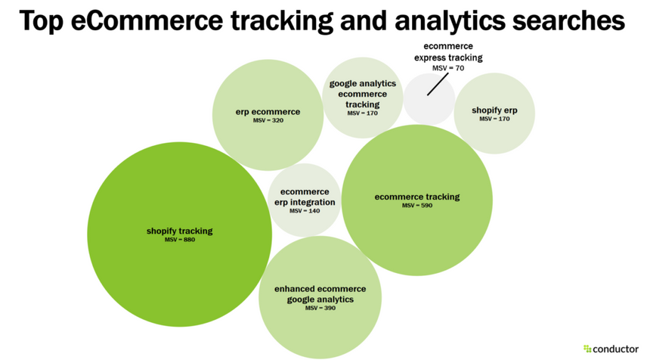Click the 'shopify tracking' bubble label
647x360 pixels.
tap(179, 231)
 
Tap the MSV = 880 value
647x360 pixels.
tap(179, 241)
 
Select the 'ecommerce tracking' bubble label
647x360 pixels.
tap(416, 197)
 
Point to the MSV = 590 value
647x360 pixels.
tap(416, 206)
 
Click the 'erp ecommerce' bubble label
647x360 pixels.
tap(268, 112)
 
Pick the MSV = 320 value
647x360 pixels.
tap(268, 121)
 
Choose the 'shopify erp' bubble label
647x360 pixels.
tap(494, 110)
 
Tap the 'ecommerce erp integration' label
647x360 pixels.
tap(305, 197)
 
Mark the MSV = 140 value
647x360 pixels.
tap(305, 211)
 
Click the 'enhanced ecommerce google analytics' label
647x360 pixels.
tap(320, 294)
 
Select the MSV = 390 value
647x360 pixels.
tap(320, 309)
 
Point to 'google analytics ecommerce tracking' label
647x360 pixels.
tap(362, 94)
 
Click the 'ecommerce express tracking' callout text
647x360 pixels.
tap(448, 52)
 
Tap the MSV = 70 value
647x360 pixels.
tap(448, 68)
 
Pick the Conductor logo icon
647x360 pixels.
tap(587, 349)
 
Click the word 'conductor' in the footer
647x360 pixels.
tap(615, 349)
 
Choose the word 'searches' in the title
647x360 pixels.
tap(572, 20)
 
